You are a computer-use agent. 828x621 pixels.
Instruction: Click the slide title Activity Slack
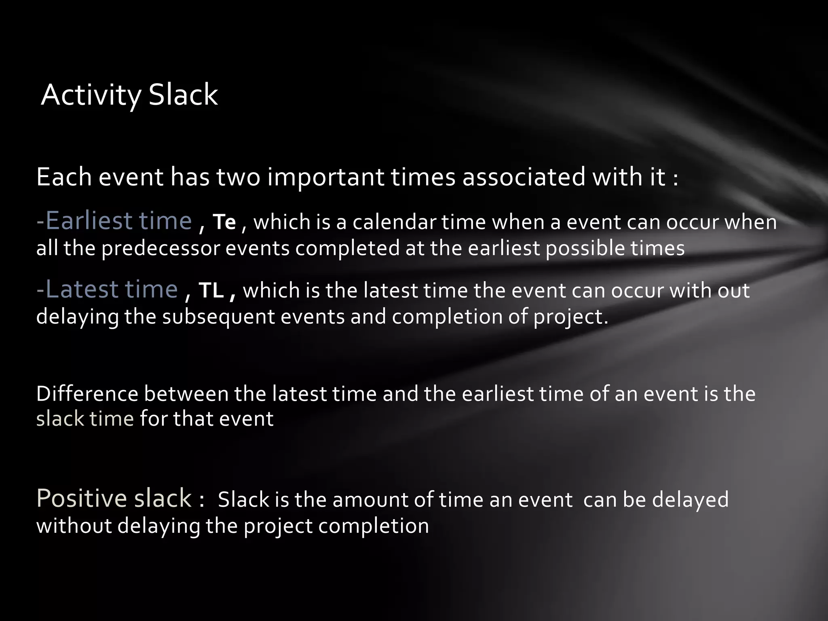pos(129,95)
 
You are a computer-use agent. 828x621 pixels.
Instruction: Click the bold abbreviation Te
pos(224,222)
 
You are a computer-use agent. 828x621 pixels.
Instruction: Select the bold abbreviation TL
pos(211,290)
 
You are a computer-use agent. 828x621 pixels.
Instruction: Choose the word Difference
pos(87,394)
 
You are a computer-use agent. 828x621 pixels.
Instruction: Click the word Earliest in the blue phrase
pos(89,221)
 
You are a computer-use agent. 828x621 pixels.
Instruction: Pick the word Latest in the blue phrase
pos(80,289)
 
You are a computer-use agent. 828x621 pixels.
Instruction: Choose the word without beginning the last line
pos(74,526)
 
